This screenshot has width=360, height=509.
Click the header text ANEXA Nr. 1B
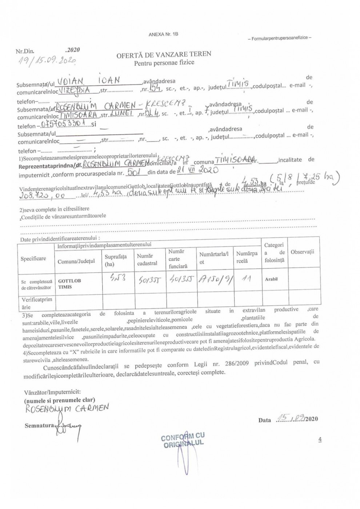point(163,34)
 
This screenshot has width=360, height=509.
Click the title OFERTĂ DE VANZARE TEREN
point(164,55)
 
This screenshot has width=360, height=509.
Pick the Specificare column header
point(33,258)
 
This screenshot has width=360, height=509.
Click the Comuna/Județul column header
point(76,261)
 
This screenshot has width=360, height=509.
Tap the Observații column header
point(302,252)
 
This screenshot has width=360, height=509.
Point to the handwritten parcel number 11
point(247,279)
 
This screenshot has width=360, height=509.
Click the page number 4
point(320,439)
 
